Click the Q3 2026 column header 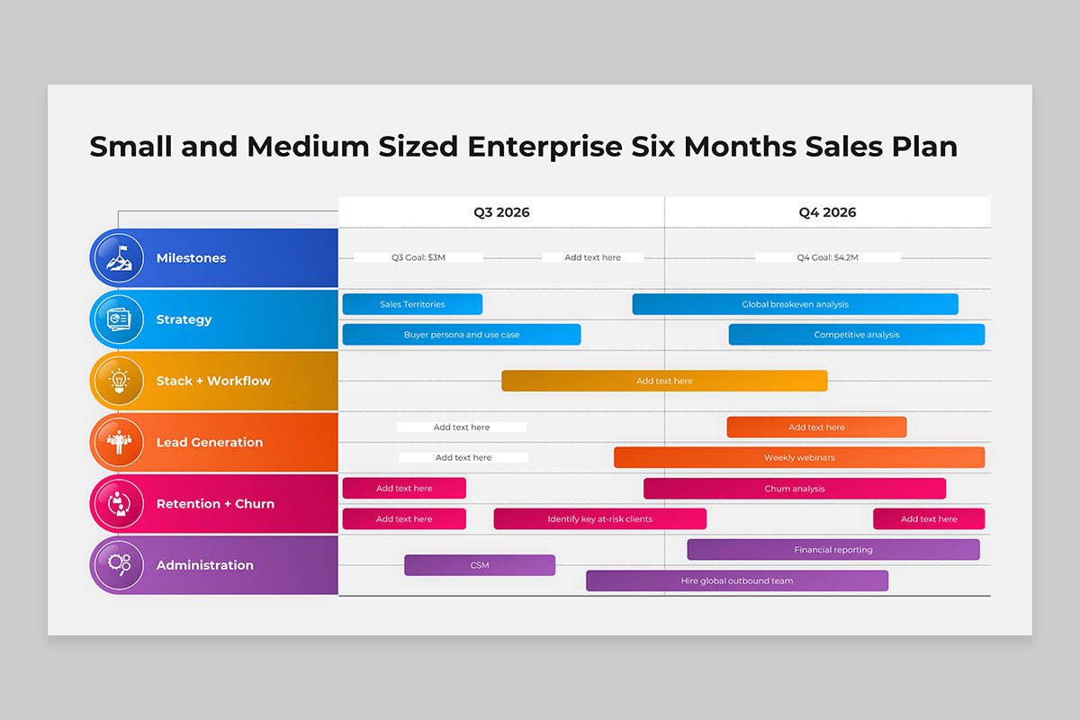click(x=501, y=212)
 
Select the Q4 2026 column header click(x=827, y=212)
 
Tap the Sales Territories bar click(x=412, y=304)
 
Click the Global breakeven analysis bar click(x=795, y=304)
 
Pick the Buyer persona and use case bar click(x=462, y=335)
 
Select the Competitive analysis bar click(x=857, y=335)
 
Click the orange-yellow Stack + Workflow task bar click(x=664, y=381)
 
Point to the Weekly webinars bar click(x=799, y=458)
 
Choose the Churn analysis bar click(x=795, y=489)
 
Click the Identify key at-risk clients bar click(x=599, y=519)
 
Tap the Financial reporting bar click(x=833, y=550)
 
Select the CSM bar click(x=480, y=565)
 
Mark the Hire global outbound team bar click(x=737, y=580)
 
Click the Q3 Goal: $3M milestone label click(x=418, y=257)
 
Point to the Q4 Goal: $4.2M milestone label click(x=827, y=257)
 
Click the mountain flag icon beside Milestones click(x=119, y=258)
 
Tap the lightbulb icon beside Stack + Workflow click(x=119, y=381)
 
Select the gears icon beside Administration click(x=119, y=564)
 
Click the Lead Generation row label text click(x=210, y=442)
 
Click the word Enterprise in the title click(x=544, y=147)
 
